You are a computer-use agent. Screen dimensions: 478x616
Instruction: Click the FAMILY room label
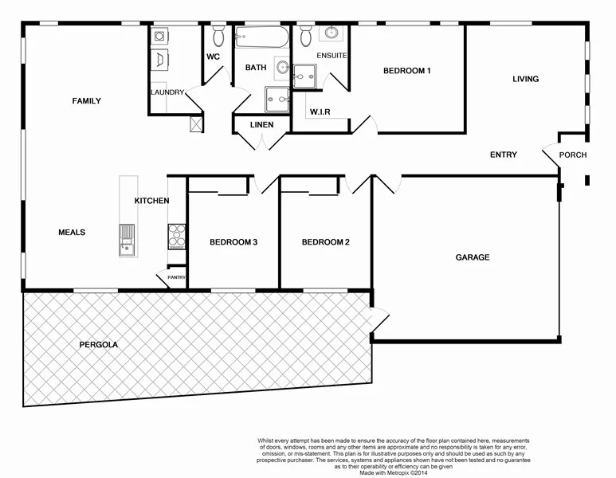pyautogui.click(x=86, y=101)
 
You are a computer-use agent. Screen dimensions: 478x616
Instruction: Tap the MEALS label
pyautogui.click(x=72, y=233)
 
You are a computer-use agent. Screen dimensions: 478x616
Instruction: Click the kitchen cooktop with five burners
pyautogui.click(x=176, y=235)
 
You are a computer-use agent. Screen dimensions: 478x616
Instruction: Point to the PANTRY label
pyautogui.click(x=176, y=277)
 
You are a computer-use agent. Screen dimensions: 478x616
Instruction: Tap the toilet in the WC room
pyautogui.click(x=218, y=36)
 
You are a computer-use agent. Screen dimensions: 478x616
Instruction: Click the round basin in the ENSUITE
pyautogui.click(x=330, y=33)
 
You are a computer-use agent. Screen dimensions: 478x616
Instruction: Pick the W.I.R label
pyautogui.click(x=320, y=111)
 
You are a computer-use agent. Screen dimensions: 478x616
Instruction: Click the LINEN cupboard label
pyautogui.click(x=261, y=125)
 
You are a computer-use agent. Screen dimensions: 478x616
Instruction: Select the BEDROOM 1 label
pyautogui.click(x=406, y=71)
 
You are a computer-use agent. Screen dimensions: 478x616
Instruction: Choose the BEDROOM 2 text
pyautogui.click(x=325, y=242)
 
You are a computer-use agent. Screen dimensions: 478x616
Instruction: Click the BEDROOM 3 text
pyautogui.click(x=233, y=242)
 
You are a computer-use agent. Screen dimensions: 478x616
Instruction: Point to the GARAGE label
pyautogui.click(x=472, y=257)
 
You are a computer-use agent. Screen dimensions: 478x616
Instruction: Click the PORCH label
pyautogui.click(x=572, y=155)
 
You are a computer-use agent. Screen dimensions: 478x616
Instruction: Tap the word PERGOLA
pyautogui.click(x=99, y=345)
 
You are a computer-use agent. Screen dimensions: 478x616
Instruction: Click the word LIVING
pyautogui.click(x=525, y=79)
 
